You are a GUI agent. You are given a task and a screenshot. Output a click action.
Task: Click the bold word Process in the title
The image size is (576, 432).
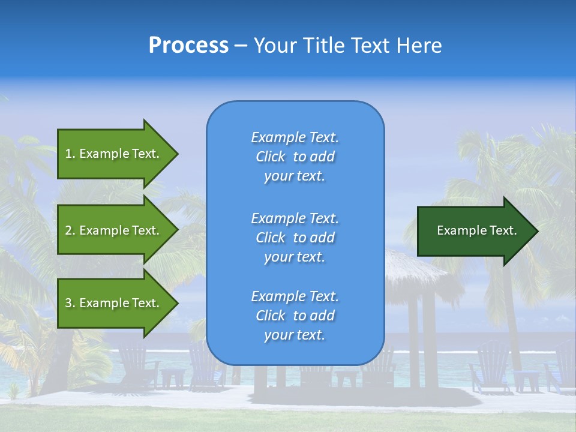click(x=188, y=46)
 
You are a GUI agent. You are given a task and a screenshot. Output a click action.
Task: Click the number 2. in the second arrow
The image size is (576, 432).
click(x=70, y=230)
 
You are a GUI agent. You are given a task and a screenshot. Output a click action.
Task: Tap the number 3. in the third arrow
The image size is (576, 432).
click(x=70, y=303)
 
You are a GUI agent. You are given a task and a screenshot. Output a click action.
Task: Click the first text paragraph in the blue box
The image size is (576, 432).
click(x=295, y=157)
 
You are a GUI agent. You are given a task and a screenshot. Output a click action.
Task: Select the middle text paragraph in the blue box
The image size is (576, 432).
click(x=295, y=238)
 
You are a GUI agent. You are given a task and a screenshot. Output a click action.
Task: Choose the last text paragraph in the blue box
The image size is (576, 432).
click(x=295, y=316)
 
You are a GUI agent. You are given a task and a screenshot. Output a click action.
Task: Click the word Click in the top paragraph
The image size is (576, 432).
click(x=270, y=157)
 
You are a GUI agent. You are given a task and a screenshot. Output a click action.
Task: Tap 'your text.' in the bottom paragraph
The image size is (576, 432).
click(x=295, y=335)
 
